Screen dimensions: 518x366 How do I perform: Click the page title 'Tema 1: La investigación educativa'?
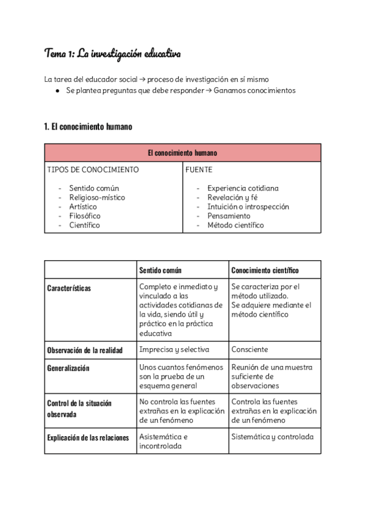pos(113,54)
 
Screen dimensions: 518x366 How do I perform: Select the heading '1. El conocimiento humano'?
pos(88,127)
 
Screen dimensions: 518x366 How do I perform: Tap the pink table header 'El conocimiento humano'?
pos(182,153)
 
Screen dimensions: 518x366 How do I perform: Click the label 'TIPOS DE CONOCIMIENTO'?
pos(93,170)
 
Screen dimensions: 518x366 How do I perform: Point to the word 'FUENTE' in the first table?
pos(199,170)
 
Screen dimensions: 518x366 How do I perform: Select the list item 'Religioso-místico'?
pos(97,197)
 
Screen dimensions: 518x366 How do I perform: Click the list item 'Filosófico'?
pos(85,216)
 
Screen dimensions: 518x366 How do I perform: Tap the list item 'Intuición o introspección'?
pos(248,206)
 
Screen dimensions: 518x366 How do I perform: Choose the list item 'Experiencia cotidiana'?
pos(243,188)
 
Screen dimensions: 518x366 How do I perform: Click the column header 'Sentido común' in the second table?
pos(160,270)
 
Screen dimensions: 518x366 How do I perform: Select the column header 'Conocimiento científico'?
pos(265,270)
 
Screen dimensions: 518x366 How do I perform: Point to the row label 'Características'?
pos(69,288)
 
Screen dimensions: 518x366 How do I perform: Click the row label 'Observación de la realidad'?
pos(85,350)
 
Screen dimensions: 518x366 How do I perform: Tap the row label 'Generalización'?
pos(68,368)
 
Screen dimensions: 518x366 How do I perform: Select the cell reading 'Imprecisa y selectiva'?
pos(174,350)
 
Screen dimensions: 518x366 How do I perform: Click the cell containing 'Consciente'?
pos(249,350)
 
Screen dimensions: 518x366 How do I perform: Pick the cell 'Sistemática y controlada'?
pos(272,437)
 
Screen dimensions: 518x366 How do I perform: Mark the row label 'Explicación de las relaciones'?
pos(88,437)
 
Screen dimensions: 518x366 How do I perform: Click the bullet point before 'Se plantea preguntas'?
pos(57,91)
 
